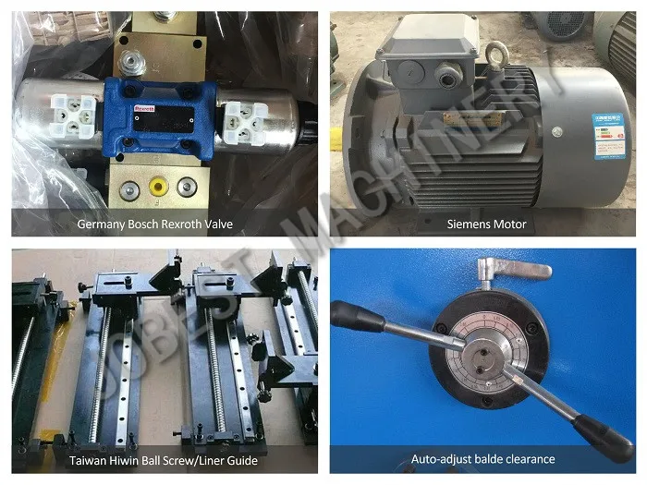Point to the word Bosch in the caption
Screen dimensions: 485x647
pos(153,224)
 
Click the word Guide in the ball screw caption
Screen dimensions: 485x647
pos(239,459)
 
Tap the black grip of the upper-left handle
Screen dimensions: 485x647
pos(359,317)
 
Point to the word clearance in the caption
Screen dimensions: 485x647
pos(525,459)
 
